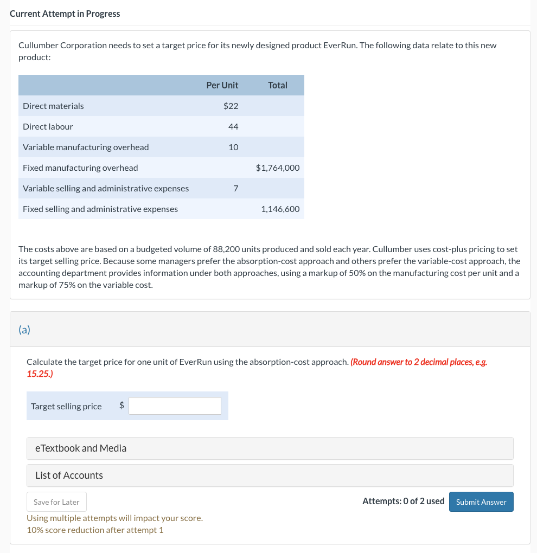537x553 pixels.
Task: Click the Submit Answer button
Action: point(481,501)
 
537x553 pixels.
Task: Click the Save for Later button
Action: point(56,502)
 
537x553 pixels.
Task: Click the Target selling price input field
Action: point(175,406)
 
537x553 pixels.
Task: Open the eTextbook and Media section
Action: point(270,448)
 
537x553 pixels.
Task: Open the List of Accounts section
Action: point(270,475)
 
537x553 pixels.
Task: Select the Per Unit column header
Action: point(222,85)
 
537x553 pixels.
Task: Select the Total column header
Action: point(277,85)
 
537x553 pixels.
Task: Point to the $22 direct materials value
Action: point(231,106)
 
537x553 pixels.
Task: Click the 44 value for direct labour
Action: point(233,126)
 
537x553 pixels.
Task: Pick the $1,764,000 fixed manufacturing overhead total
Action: point(277,168)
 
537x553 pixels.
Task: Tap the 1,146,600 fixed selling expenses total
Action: point(280,209)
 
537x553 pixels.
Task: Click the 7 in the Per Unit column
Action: point(235,188)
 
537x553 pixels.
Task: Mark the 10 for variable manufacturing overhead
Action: point(233,147)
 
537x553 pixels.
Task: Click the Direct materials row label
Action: point(53,106)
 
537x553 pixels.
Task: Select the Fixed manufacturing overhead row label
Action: point(80,168)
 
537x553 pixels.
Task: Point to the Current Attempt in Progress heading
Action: point(65,14)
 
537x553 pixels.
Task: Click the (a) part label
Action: point(24,329)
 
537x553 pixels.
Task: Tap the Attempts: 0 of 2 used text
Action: point(403,501)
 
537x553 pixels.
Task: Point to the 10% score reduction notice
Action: point(95,530)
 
